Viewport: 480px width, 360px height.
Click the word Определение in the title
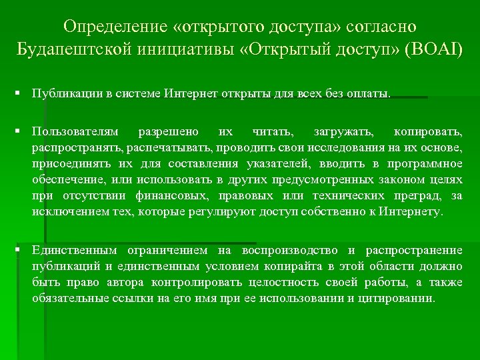(111, 27)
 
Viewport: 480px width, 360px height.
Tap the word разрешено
(163, 132)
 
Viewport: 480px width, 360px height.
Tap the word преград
(417, 196)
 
